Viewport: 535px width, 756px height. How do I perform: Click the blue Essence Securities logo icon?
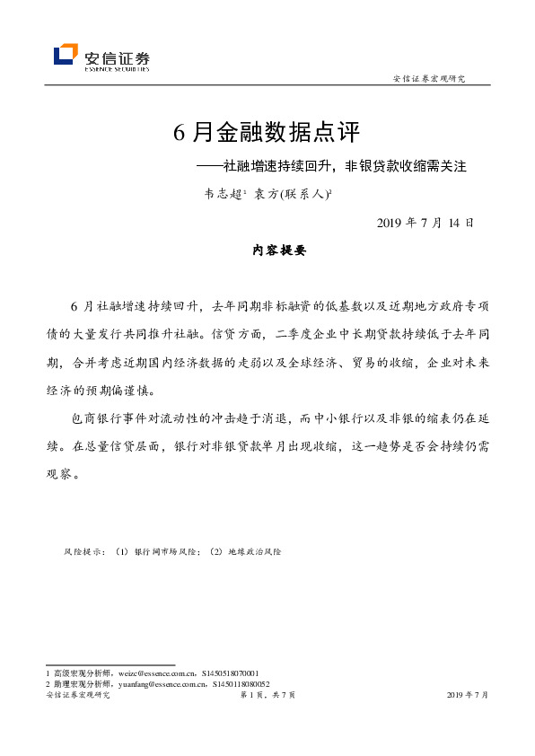point(66,56)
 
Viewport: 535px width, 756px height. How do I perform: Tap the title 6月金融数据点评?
point(267,133)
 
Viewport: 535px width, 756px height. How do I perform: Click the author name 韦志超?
point(224,192)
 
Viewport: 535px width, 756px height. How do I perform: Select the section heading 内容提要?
point(279,251)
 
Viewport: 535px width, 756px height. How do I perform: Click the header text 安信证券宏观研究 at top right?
point(429,79)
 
